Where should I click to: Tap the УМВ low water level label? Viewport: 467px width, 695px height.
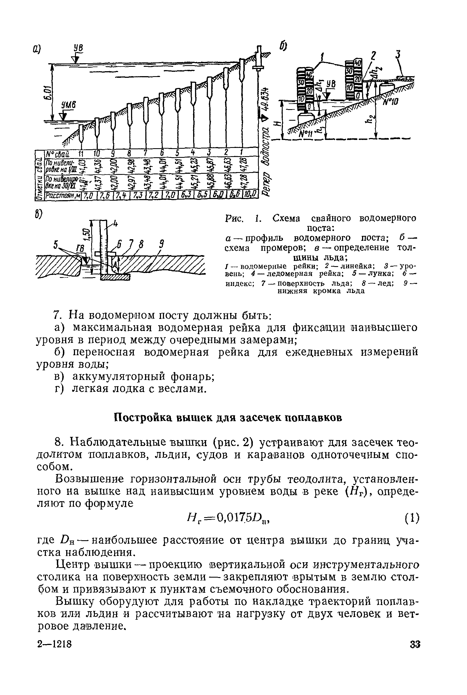click(69, 105)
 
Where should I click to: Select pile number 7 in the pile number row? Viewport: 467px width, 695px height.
click(146, 153)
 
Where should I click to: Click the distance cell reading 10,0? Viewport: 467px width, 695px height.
click(251, 195)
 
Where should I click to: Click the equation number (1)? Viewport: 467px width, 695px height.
click(412, 518)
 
